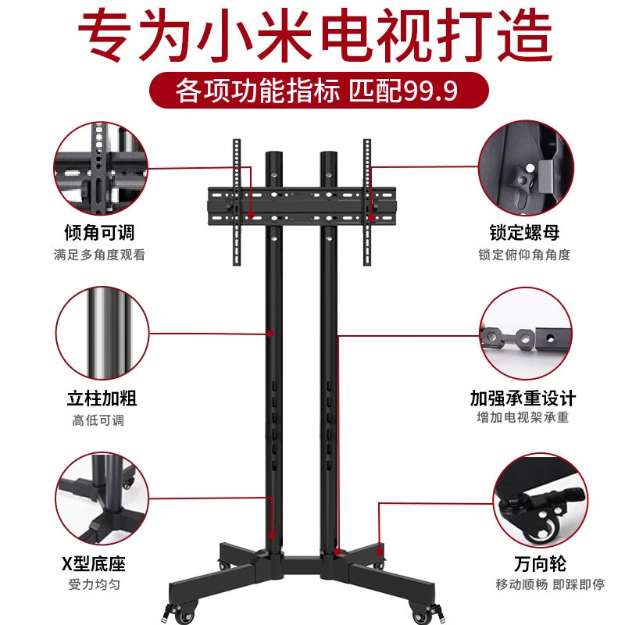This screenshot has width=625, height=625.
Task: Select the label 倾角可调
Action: tap(99, 233)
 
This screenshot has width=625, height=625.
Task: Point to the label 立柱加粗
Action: tap(99, 398)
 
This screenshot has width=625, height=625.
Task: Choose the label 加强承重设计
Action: tap(523, 398)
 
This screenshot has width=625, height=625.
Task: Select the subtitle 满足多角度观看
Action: tap(99, 255)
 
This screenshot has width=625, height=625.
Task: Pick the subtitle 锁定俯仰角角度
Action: tap(524, 255)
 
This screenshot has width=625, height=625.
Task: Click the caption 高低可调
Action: tap(99, 420)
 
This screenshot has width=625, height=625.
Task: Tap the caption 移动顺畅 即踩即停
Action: tap(540, 585)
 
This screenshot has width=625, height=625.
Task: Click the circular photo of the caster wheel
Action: tap(540, 501)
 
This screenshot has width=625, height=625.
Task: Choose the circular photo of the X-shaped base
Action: tap(100, 501)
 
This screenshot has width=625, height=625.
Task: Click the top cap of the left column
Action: tap(275, 153)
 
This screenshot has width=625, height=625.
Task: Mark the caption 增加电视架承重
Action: tap(523, 419)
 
